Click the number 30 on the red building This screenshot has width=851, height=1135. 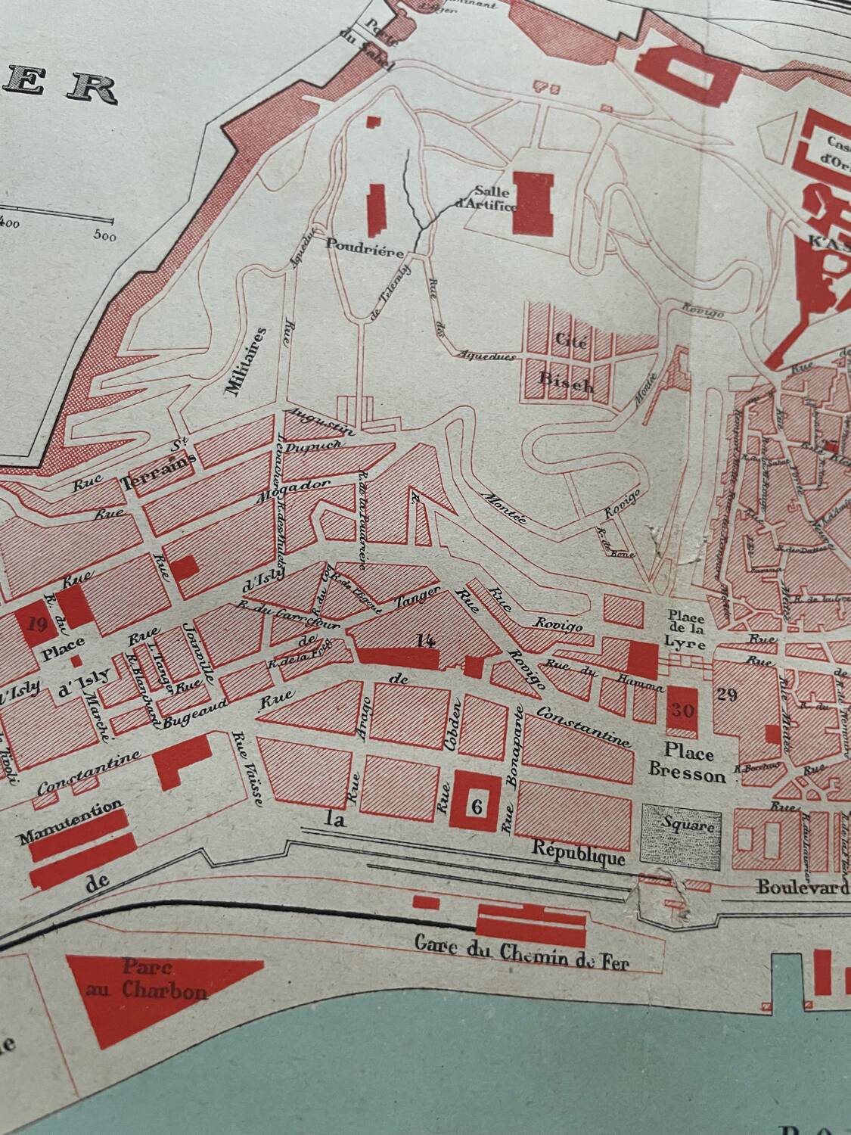tap(682, 711)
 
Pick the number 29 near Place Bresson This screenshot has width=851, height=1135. tap(727, 695)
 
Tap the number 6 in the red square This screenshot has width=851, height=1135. tap(476, 806)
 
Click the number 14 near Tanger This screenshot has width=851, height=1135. tap(426, 641)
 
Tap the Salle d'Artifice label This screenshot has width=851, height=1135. tap(486, 198)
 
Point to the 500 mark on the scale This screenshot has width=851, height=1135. tap(104, 235)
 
